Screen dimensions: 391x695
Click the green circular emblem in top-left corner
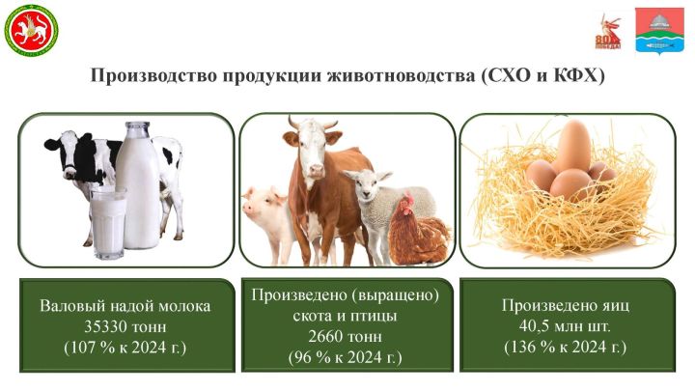[32, 30]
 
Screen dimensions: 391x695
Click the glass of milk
[108, 222]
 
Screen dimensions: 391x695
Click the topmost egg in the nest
[573, 147]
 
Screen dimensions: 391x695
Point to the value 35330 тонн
[125, 325]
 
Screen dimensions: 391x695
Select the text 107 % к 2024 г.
[125, 345]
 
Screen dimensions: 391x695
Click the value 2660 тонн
[345, 337]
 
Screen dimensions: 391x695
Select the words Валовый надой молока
[125, 305]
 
